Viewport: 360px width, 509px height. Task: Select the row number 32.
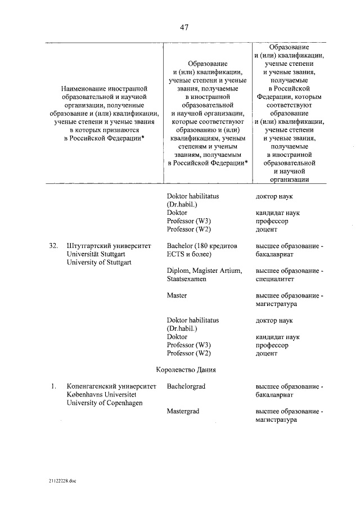53,246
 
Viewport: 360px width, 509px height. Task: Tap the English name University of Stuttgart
98,262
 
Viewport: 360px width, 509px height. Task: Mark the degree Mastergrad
183,411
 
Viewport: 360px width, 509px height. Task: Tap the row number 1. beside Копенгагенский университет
53,386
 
